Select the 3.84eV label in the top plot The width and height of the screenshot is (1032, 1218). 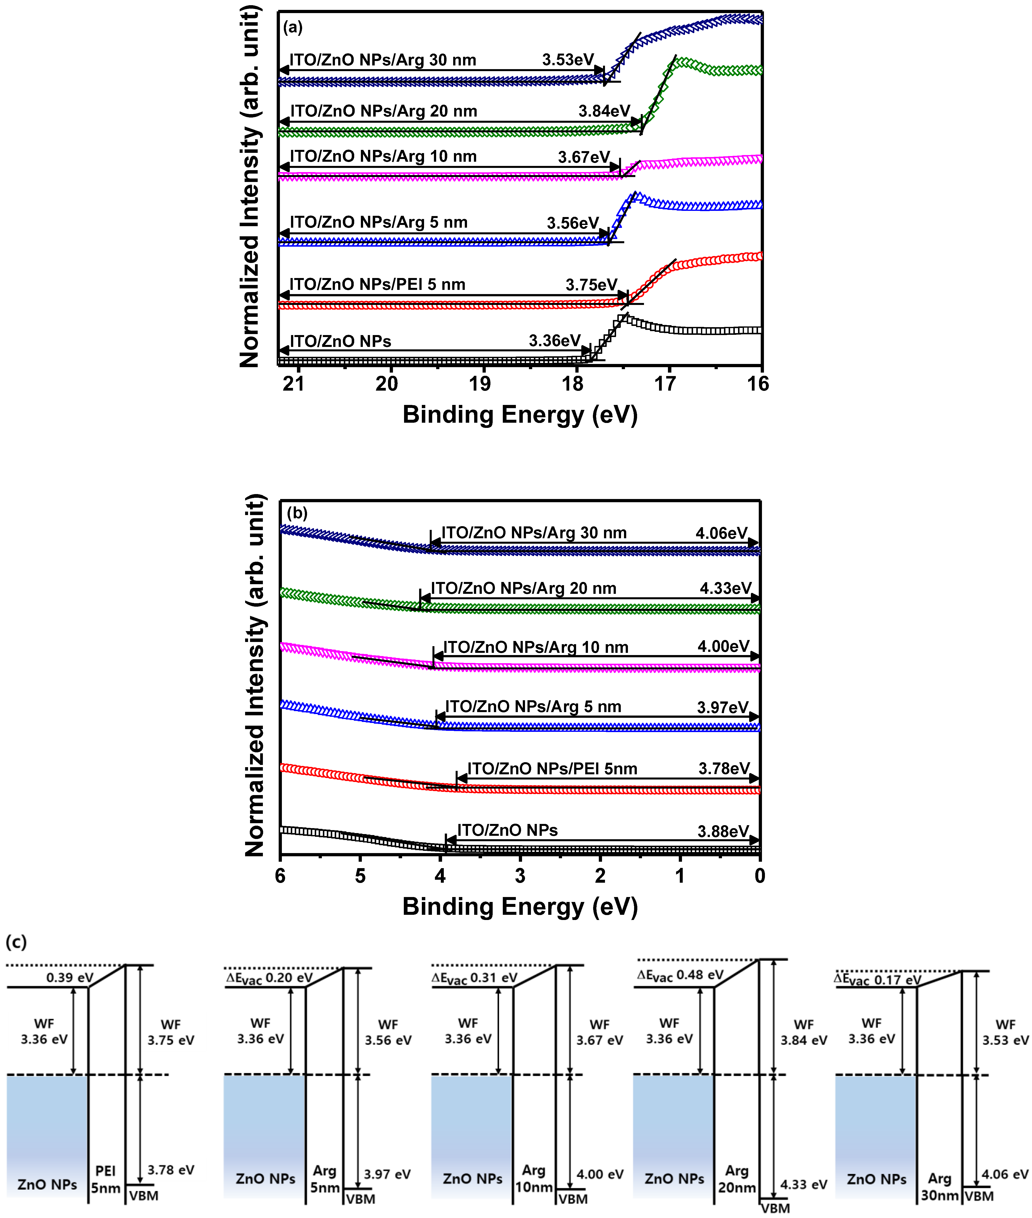point(604,111)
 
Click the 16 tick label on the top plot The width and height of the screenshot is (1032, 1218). point(758,384)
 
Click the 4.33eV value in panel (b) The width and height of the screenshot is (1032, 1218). point(725,588)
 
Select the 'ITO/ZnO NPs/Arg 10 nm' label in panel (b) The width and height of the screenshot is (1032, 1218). point(535,647)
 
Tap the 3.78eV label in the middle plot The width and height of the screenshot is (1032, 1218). point(724,768)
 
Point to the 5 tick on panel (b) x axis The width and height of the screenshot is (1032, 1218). point(360,876)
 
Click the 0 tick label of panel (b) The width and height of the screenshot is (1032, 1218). point(759,876)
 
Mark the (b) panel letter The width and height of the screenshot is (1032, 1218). point(297,513)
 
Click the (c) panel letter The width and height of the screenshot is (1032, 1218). point(16,942)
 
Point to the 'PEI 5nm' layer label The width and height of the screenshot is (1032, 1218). point(105,1179)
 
